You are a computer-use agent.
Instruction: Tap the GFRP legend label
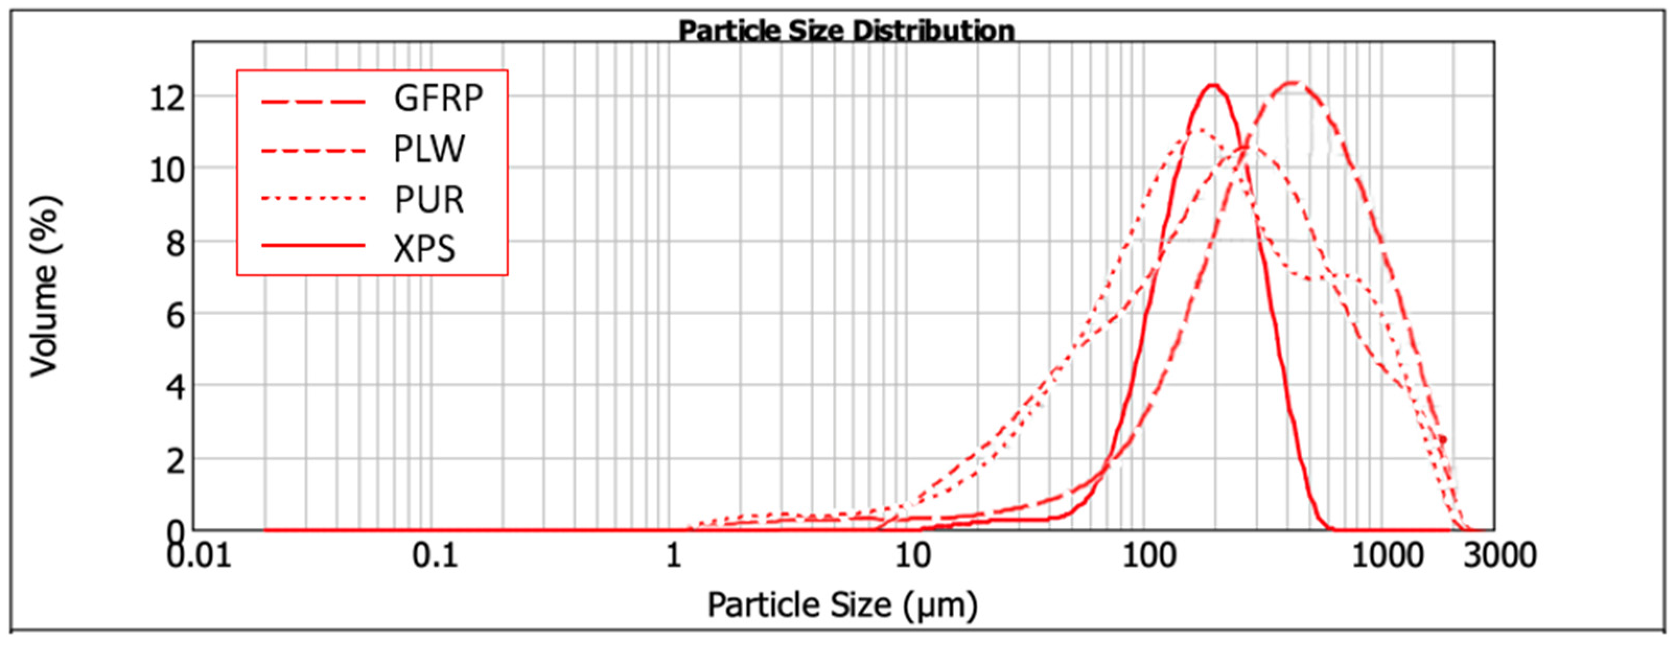(x=438, y=99)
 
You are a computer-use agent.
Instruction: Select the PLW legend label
(x=429, y=149)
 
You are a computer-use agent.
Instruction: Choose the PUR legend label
(x=428, y=199)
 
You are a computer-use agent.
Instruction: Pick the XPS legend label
(x=424, y=249)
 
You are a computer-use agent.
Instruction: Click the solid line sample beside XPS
(x=313, y=246)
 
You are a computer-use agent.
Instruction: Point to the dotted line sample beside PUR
(x=313, y=196)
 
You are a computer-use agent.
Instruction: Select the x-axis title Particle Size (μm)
(x=842, y=605)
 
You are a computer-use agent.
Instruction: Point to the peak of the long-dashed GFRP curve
(x=1294, y=83)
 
